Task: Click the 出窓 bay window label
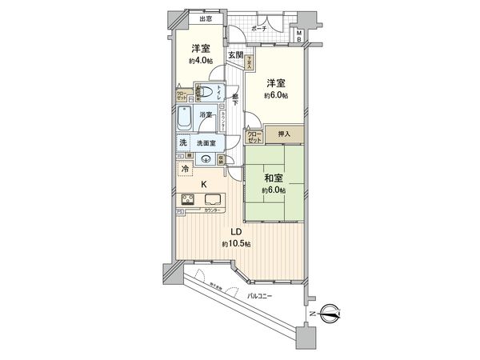[x=206, y=18]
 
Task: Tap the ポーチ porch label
[x=258, y=28]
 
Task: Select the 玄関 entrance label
[x=234, y=55]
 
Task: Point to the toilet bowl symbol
[x=206, y=90]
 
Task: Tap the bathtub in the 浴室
[x=186, y=120]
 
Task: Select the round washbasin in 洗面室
[x=206, y=158]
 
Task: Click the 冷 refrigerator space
[x=185, y=170]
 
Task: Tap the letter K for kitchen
[x=204, y=185]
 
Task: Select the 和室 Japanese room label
[x=273, y=178]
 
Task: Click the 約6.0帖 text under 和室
[x=273, y=191]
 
